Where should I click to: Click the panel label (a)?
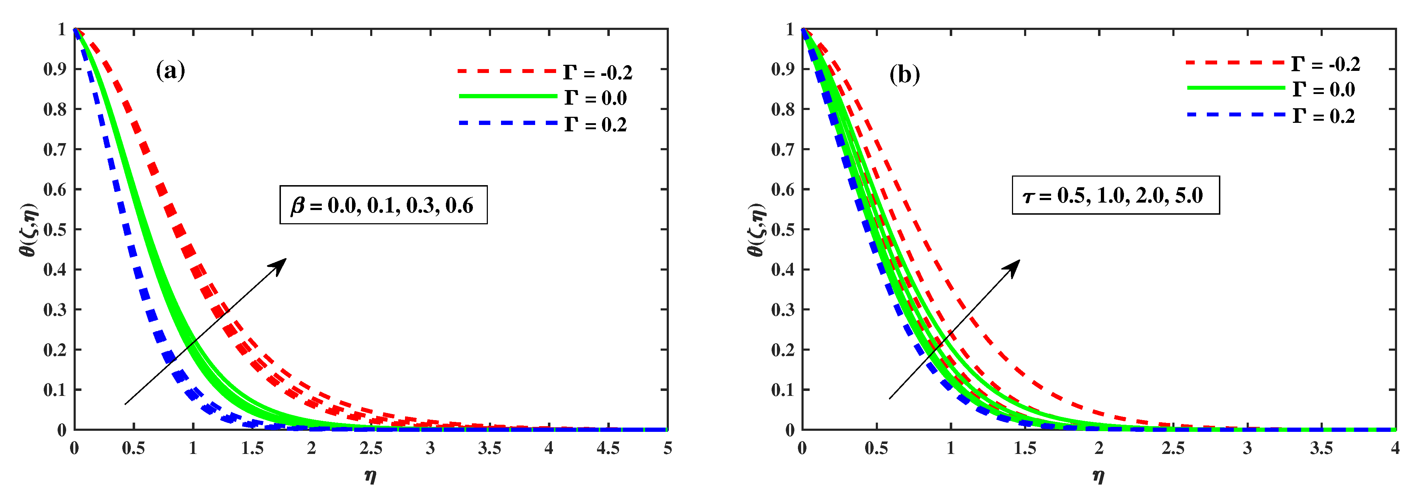pos(170,71)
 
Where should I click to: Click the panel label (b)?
pos(905,74)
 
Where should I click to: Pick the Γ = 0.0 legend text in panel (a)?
pos(596,98)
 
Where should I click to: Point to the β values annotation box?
pos(383,205)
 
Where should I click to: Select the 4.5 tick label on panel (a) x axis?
pos(608,449)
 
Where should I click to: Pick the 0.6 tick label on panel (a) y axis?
pos(55,190)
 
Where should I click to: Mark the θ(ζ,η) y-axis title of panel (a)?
pos(28,229)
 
